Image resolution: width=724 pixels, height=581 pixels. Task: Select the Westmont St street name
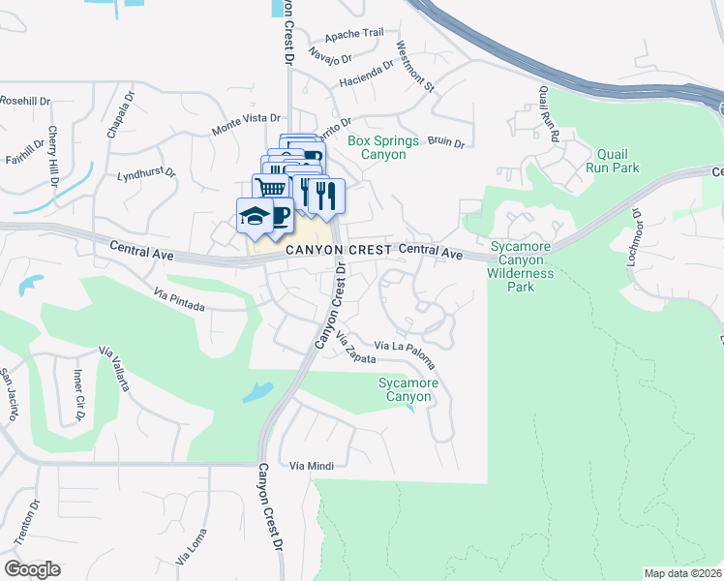[414, 66]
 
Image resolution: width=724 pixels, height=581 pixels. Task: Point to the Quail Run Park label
[612, 161]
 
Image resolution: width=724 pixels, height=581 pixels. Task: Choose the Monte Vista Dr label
[245, 130]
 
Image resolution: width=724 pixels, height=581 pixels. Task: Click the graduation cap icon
[254, 215]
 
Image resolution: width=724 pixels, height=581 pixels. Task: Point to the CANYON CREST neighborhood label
[338, 251]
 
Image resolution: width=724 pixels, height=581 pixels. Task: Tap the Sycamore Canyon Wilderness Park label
[522, 266]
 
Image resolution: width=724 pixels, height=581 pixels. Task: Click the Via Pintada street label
[179, 298]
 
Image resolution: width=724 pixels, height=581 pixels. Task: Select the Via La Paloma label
[405, 353]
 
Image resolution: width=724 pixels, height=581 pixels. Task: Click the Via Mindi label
[312, 466]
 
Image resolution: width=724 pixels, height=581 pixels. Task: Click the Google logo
[33, 568]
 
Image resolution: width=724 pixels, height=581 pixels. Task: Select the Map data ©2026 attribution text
[682, 573]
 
